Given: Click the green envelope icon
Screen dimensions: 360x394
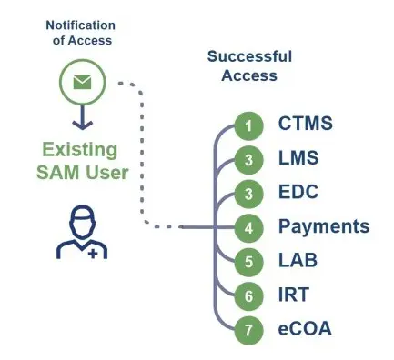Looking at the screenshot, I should tap(82, 83).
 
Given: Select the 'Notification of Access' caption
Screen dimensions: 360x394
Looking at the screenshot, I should tap(82, 32).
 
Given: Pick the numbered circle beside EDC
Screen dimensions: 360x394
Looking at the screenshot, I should tap(248, 193).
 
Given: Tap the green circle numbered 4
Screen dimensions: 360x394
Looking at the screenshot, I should tap(248, 226).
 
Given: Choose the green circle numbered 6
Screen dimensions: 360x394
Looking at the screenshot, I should tap(248, 295).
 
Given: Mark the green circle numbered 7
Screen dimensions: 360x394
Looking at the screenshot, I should tap(248, 328).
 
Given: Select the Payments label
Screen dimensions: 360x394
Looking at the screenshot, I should tap(323, 226).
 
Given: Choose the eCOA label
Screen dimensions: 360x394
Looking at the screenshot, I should tap(305, 328).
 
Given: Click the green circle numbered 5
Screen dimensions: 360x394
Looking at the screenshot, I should tap(248, 261).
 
